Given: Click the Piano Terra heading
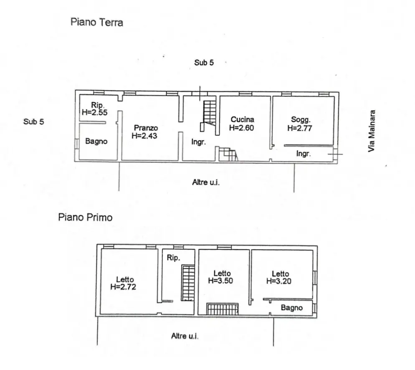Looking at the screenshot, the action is pos(97,22).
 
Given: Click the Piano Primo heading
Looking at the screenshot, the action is pos(85,217).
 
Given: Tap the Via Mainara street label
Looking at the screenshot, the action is pos(372,131).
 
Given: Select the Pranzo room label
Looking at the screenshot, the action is pos(146,128).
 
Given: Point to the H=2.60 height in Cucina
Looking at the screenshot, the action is pos(241,128).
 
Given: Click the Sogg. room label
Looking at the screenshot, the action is pos(301,120).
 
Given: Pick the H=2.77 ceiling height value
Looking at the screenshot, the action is pos(300,128).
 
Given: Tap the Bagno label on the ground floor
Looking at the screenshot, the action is pos(96,141).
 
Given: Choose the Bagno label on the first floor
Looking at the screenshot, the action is pos(292,308).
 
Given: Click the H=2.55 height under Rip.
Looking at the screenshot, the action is pos(95,112).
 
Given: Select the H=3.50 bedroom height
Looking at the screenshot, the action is pos(220,281).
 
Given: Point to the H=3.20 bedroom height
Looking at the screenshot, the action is pos(279,281).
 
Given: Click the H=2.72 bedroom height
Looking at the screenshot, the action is pos(123,287).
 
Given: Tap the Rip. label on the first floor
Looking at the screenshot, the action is pos(173,258).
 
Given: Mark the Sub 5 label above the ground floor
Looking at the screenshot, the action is pos(204,63).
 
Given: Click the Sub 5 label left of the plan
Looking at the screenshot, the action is pos(34,122).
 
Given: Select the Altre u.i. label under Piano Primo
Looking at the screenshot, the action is pos(185,336).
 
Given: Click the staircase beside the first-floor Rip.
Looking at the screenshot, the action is pos(188,283).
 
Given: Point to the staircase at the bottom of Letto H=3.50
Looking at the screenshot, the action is pos(222,309).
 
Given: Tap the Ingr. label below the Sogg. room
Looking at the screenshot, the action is pos(303,154).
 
